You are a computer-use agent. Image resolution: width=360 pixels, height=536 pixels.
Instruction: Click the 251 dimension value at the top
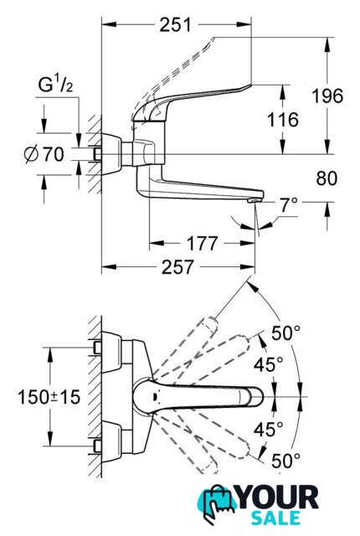(x=175, y=25)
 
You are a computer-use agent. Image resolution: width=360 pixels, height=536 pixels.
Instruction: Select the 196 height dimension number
(x=327, y=95)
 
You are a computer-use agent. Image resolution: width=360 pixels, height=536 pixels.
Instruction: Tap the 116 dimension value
(x=282, y=120)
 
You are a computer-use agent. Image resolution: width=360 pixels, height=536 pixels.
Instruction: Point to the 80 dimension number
(x=327, y=178)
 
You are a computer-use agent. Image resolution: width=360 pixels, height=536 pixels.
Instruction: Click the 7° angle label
(x=289, y=205)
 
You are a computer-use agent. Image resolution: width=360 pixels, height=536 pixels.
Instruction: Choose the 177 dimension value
(x=203, y=244)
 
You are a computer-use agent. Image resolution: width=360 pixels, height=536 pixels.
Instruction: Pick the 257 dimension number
(x=177, y=267)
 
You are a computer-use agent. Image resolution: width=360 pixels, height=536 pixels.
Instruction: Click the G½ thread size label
(x=55, y=85)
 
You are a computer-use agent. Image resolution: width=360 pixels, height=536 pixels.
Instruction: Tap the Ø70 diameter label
(x=44, y=154)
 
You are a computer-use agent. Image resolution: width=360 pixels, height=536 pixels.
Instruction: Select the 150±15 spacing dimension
(x=49, y=397)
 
